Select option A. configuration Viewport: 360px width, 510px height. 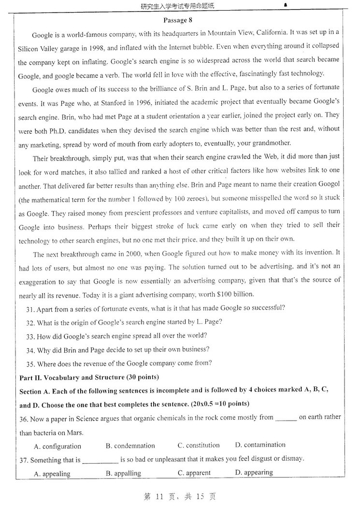pyautogui.click(x=58, y=446)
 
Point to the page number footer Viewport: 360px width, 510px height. pyautogui.click(x=180, y=496)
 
